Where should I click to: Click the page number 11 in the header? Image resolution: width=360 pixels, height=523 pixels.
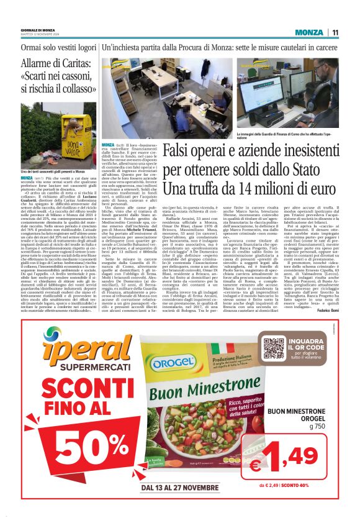pyautogui.click(x=335, y=32)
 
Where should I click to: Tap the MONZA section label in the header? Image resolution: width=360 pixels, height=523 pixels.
pyautogui.click(x=308, y=32)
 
